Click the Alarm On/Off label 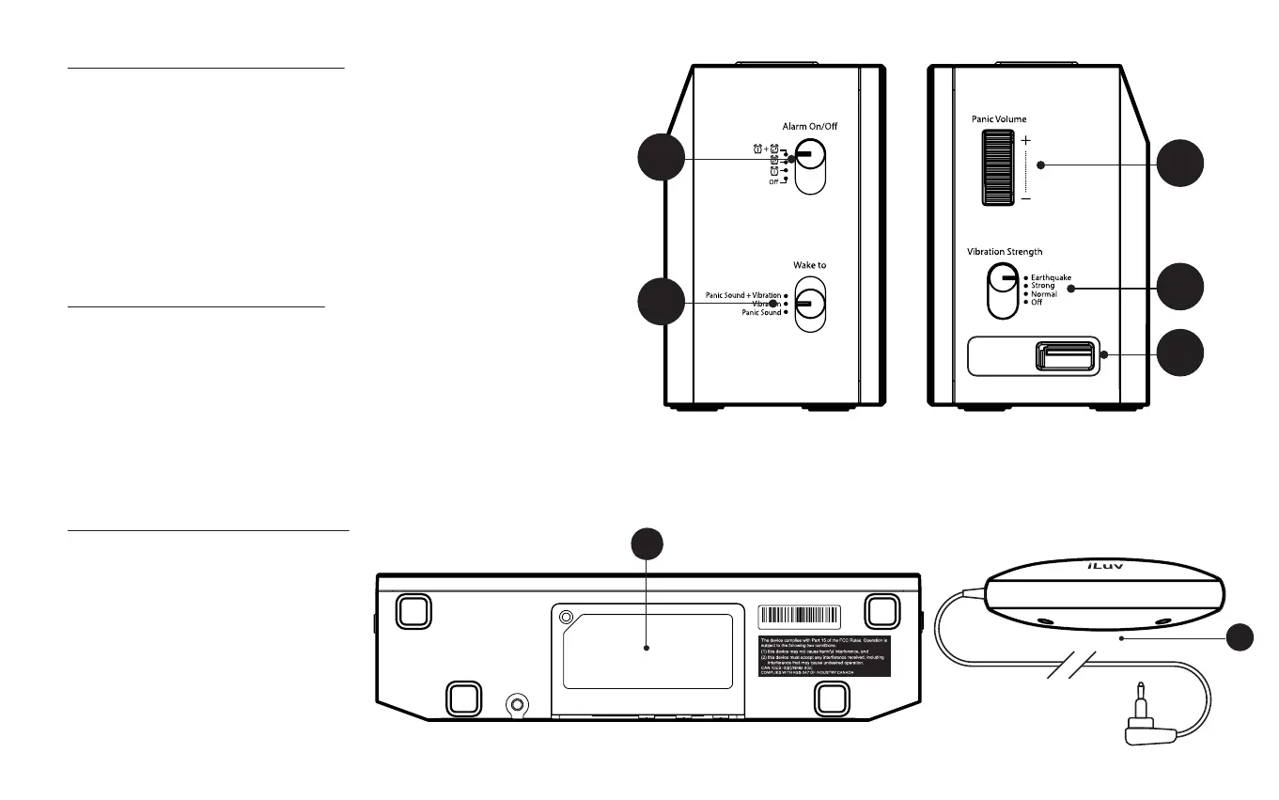click(809, 126)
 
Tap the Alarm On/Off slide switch click(809, 166)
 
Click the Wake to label click(809, 265)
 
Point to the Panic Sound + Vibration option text click(743, 295)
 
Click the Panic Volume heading click(999, 119)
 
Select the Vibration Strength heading click(1005, 252)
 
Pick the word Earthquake click(1051, 278)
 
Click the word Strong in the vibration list click(1043, 286)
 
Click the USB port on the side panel click(1065, 355)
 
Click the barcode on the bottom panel click(799, 616)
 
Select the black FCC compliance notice click(823, 654)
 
